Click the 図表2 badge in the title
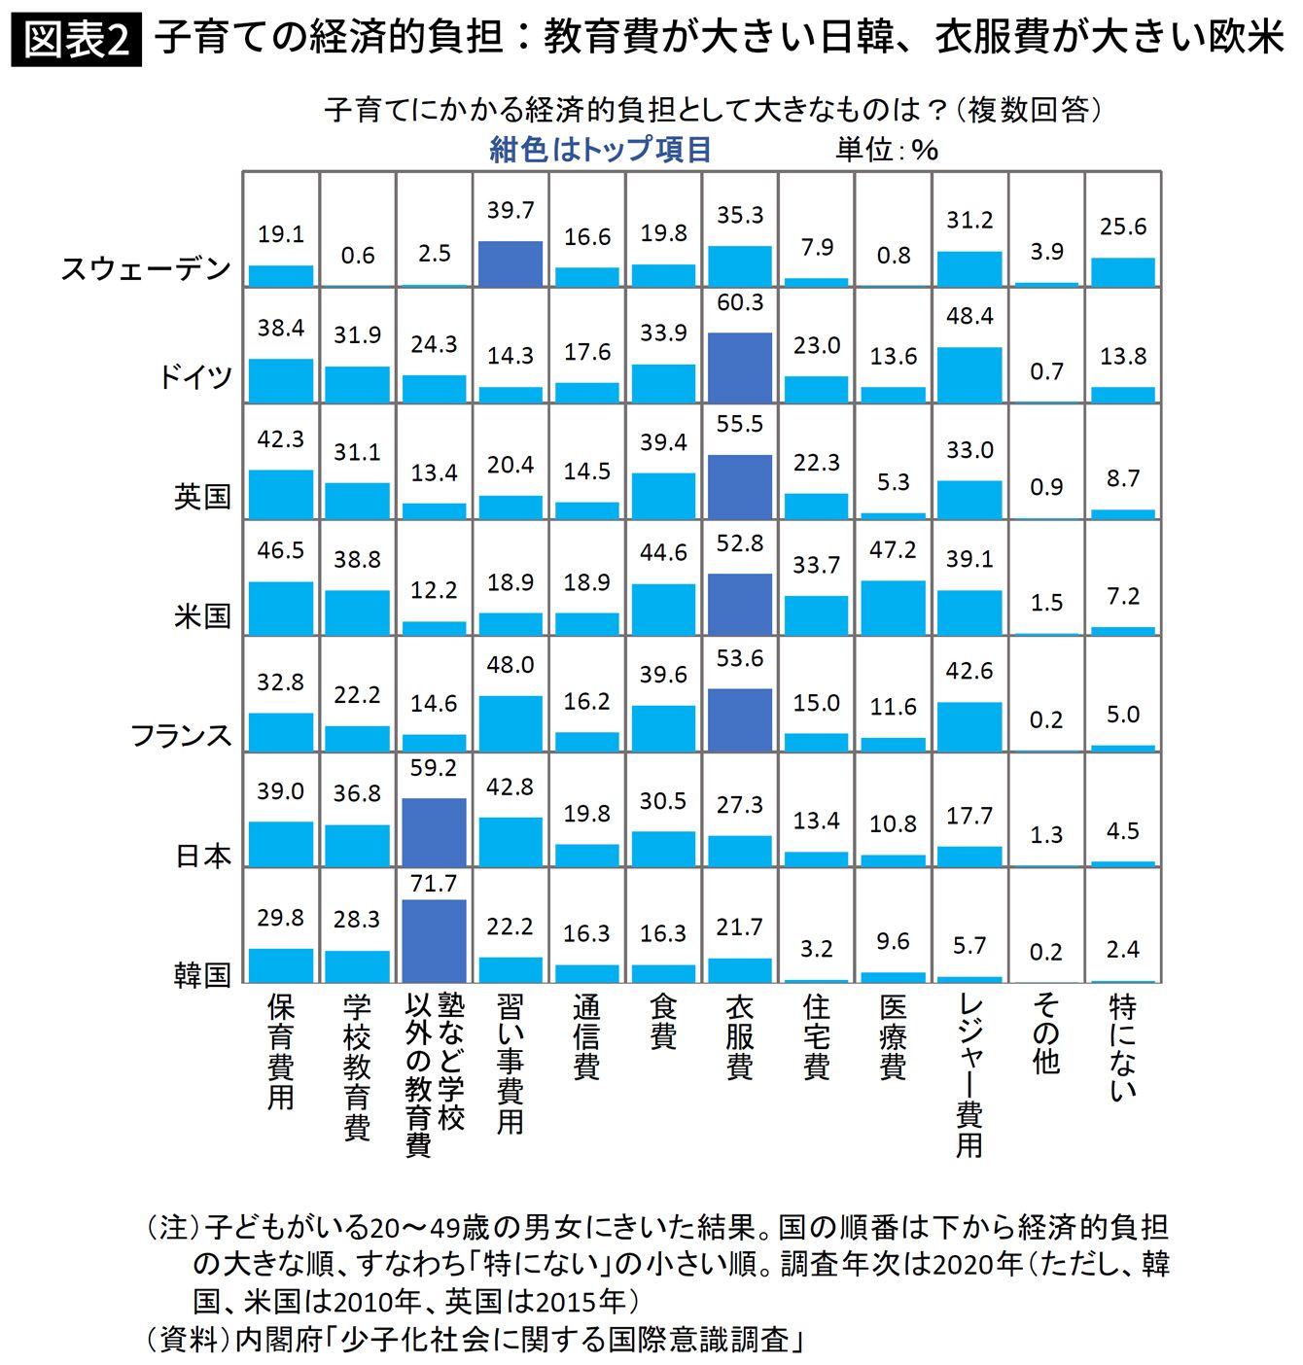(x=76, y=40)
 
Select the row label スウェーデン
(x=147, y=269)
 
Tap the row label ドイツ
(x=196, y=376)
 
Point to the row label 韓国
(x=202, y=974)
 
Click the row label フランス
(x=182, y=735)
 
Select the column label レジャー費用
(x=969, y=1075)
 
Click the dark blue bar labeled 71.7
(x=434, y=941)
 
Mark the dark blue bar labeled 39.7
(x=511, y=263)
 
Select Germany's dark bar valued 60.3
(x=740, y=367)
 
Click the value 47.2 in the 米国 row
(x=893, y=550)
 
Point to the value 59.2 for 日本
(x=434, y=768)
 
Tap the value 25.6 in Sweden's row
(x=1123, y=227)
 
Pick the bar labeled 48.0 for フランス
(x=511, y=723)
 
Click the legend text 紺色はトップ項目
(x=600, y=150)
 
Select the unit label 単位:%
(x=887, y=150)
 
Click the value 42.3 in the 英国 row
(x=281, y=439)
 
